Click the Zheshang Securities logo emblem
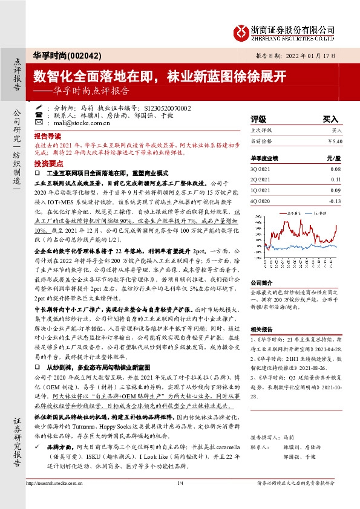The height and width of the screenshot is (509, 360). click(x=243, y=32)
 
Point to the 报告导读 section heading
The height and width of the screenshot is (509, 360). click(x=48, y=137)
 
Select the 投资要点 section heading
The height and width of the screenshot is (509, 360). click(x=48, y=164)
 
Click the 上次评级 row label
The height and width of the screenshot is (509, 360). click(x=262, y=130)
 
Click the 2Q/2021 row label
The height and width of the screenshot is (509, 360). click(x=260, y=180)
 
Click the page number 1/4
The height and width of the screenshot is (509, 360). click(x=180, y=500)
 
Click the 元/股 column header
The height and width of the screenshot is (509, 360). click(x=343, y=158)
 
